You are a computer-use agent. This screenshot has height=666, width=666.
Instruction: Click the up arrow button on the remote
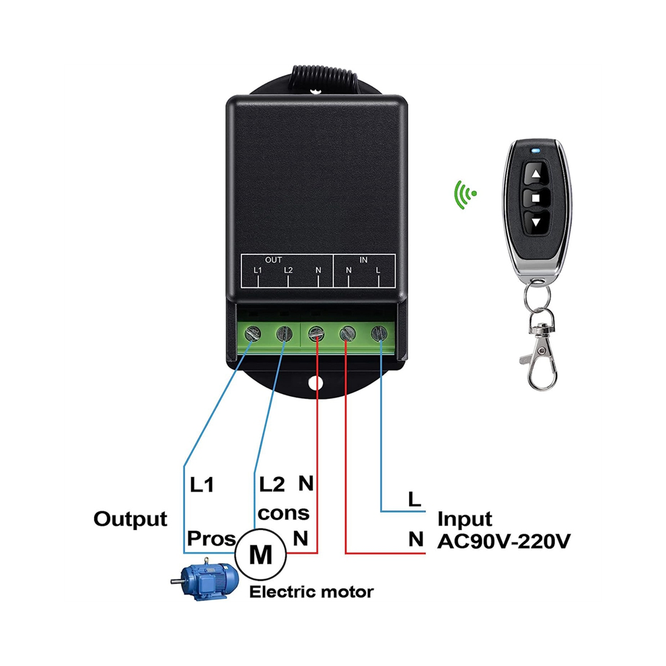pos(536,174)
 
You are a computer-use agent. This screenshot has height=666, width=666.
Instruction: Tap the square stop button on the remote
pos(536,198)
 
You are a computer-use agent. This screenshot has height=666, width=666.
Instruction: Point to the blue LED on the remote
pos(536,150)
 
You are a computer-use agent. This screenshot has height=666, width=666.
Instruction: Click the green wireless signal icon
pos(465,194)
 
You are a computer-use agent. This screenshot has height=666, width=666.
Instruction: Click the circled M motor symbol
pos(260,554)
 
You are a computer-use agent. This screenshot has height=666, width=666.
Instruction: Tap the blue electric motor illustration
pos(205,579)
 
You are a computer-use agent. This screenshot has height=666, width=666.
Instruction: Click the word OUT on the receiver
pos(273,260)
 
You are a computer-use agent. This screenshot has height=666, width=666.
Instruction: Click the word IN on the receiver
pos(363,260)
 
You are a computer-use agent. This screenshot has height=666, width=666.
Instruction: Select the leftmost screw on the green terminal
pos(253,334)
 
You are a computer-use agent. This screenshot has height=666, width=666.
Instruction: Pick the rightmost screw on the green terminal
pos(379,334)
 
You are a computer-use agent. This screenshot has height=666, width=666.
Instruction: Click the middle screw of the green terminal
pos(316,334)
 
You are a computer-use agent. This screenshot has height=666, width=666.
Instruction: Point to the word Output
pos(131,519)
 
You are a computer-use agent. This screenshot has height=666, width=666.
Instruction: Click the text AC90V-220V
pos(504,541)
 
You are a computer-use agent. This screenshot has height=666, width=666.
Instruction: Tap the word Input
pos(465,519)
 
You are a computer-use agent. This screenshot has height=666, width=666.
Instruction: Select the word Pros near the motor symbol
pos(211,539)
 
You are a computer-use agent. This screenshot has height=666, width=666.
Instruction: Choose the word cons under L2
pos(283,513)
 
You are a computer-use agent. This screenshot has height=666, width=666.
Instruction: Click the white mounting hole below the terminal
pos(316,383)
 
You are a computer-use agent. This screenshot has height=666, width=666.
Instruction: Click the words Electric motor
pos(311,592)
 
